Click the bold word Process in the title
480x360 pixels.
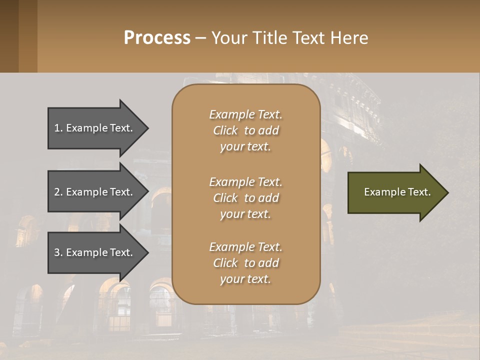[x=157, y=38]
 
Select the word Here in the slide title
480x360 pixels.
[x=348, y=38]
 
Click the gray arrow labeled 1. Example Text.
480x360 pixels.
[x=95, y=128]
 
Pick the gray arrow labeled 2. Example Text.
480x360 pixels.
[x=95, y=192]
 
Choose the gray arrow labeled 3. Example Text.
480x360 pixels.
[x=95, y=252]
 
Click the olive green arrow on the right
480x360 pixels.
[x=395, y=192]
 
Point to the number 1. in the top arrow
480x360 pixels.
[x=58, y=128]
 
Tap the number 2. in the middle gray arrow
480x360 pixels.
[x=58, y=192]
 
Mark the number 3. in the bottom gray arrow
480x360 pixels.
[x=58, y=252]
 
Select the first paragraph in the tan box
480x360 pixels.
[x=245, y=130]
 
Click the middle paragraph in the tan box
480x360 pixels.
[x=245, y=198]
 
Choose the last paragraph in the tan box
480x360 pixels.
[x=245, y=263]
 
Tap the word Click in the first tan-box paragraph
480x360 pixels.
[x=225, y=130]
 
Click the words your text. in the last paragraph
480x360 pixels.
[x=245, y=279]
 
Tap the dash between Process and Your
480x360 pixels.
[x=200, y=38]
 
